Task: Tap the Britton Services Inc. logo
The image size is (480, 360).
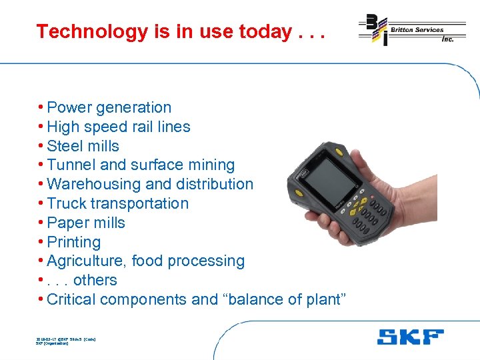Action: (411, 31)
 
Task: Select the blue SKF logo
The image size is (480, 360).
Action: (410, 337)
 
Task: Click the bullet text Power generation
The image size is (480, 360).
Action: (109, 107)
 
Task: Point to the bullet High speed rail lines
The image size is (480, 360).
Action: (119, 127)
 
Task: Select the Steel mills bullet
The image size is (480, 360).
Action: (83, 146)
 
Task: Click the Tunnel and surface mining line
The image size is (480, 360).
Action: (141, 165)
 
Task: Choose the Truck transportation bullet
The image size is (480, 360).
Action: (118, 203)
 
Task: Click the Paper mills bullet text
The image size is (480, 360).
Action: (86, 223)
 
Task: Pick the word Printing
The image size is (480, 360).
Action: (74, 242)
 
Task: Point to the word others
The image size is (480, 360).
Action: (95, 281)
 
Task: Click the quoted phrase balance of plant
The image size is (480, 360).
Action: (287, 300)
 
